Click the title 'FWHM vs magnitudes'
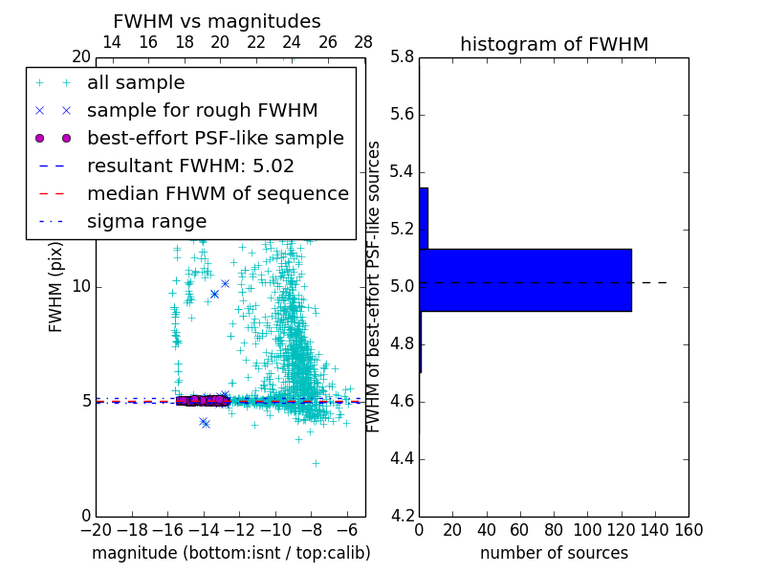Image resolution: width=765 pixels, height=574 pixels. tap(217, 22)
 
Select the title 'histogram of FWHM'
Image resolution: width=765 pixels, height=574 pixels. tap(554, 44)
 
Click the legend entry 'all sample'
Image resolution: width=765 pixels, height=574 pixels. tap(136, 83)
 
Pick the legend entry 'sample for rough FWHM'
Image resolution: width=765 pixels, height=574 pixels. tap(202, 110)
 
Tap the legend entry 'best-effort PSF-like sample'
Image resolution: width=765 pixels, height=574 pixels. tap(215, 138)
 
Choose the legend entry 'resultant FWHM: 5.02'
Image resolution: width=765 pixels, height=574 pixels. tap(190, 166)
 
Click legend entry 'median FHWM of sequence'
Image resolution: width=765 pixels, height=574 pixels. tap(217, 193)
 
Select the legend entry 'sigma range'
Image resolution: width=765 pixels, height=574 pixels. tap(146, 221)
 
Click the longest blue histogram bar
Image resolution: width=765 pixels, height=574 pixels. tap(525, 279)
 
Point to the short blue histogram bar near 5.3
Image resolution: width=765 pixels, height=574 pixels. tap(424, 218)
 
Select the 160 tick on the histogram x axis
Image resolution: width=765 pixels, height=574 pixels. tap(688, 529)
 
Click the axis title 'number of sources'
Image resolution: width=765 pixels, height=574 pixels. tap(554, 553)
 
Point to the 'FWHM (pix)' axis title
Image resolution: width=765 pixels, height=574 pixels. tap(56, 286)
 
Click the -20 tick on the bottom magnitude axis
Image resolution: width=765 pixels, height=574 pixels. tap(96, 529)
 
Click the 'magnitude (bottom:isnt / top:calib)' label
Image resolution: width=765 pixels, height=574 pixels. tap(230, 553)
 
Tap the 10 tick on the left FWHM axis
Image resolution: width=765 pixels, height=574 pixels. tap(80, 287)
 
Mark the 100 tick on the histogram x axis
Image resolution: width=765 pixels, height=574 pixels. tap(587, 529)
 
